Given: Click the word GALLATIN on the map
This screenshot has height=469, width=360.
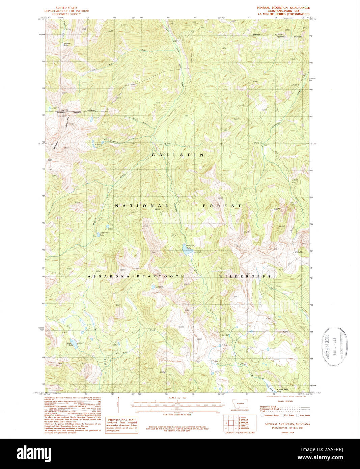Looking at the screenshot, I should pyautogui.click(x=177, y=155).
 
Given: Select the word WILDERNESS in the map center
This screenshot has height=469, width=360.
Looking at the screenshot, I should pyautogui.click(x=245, y=276).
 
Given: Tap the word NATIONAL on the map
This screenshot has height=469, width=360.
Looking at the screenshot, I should pyautogui.click(x=142, y=206).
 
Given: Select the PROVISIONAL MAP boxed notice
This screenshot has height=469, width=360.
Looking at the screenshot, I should pyautogui.click(x=122, y=425).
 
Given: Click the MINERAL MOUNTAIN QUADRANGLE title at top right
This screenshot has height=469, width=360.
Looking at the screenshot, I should pyautogui.click(x=283, y=7).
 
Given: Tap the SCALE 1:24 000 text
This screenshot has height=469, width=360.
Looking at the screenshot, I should pyautogui.click(x=177, y=398).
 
